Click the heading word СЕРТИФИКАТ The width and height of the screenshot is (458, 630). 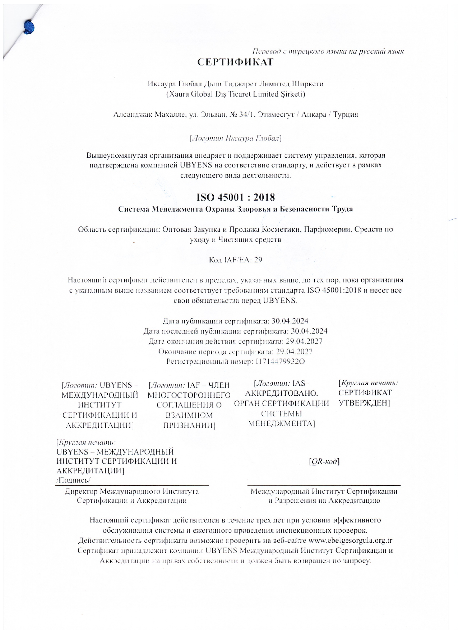(x=235, y=62)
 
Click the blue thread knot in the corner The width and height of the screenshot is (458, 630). (x=29, y=27)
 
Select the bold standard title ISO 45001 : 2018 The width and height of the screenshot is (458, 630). (x=235, y=197)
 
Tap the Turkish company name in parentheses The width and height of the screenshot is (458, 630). (x=235, y=94)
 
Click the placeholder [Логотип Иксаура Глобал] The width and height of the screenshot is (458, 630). (x=235, y=138)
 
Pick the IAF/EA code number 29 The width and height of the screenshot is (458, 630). (x=258, y=259)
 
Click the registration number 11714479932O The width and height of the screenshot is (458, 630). (x=280, y=362)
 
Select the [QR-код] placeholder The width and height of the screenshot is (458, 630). (x=324, y=461)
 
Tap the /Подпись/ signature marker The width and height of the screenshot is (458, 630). (x=74, y=480)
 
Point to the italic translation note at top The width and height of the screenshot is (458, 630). (x=328, y=51)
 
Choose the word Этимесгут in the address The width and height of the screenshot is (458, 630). (x=277, y=115)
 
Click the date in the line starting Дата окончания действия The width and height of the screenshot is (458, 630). (x=307, y=341)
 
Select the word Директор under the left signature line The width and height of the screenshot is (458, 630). (x=81, y=491)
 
